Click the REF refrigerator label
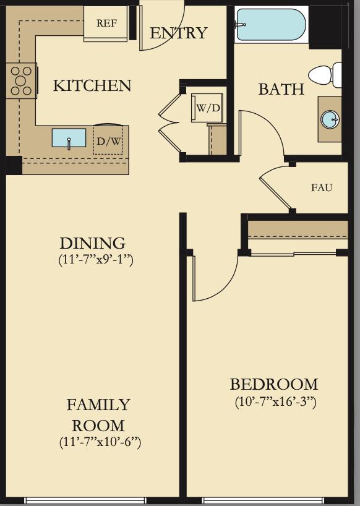click(106, 24)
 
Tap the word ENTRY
click(178, 33)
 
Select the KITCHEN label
click(92, 85)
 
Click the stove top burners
click(21, 80)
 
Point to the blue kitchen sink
click(69, 138)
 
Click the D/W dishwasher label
click(109, 140)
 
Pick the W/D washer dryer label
click(208, 108)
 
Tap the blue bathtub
click(270, 25)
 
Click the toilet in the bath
click(325, 75)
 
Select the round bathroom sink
click(330, 119)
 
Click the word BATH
click(281, 89)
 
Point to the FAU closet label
click(322, 187)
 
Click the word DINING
click(93, 243)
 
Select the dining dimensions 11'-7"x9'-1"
click(96, 260)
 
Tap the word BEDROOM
click(274, 384)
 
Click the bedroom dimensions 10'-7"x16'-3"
click(275, 401)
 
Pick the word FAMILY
click(98, 405)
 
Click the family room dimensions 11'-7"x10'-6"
click(100, 442)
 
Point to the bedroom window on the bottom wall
click(275, 501)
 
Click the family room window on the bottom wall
click(85, 501)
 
